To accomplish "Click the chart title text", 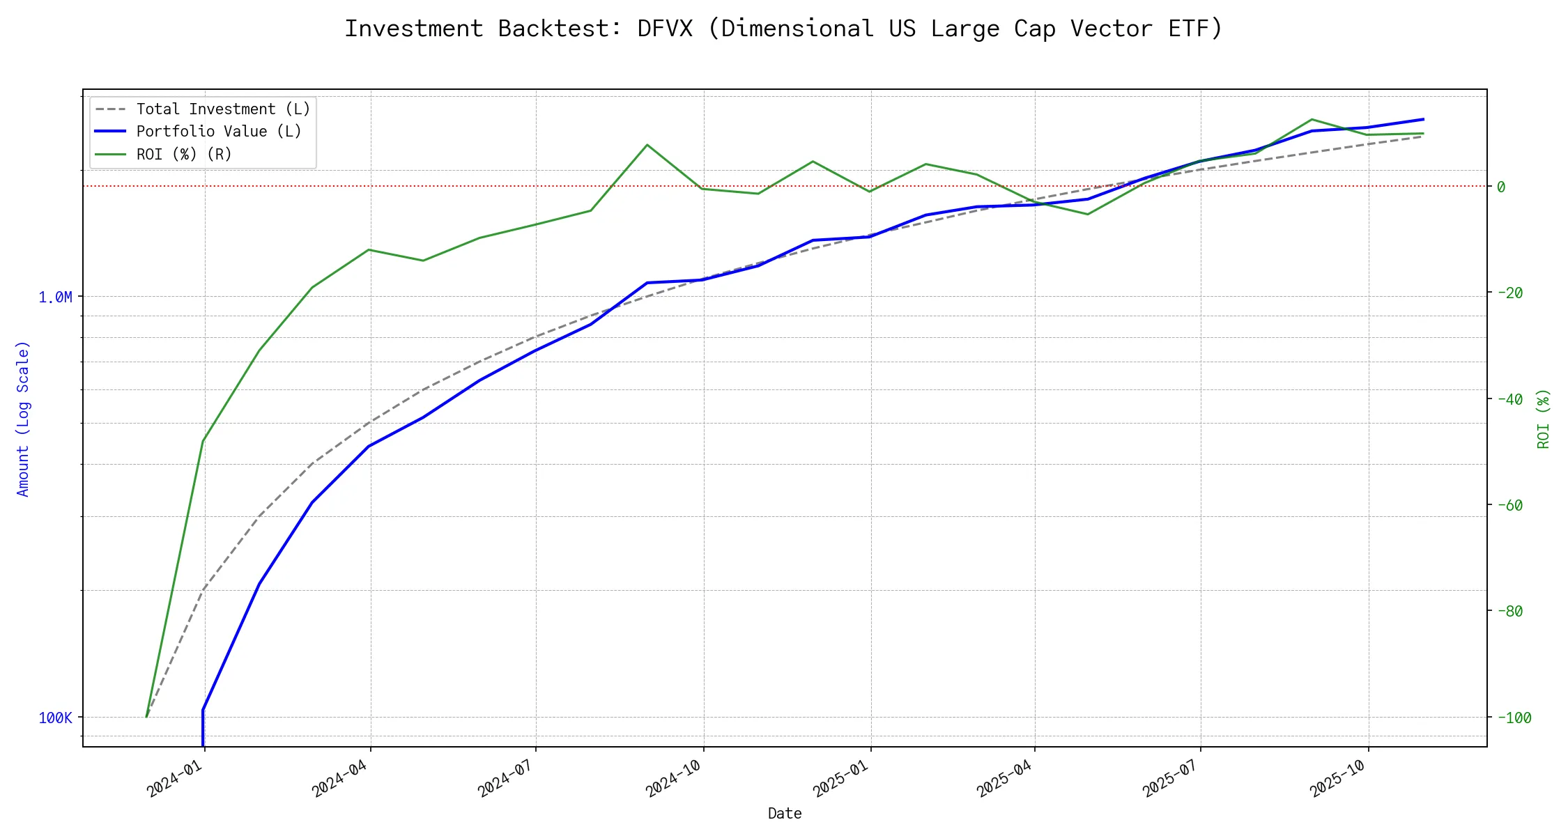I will [x=783, y=29].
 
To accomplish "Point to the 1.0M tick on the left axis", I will [x=55, y=297].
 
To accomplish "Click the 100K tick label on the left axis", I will [x=55, y=718].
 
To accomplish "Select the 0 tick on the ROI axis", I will [x=1501, y=187].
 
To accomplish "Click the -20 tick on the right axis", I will [x=1509, y=293].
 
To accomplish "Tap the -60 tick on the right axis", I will [x=1509, y=505].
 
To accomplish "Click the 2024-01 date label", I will [x=175, y=778].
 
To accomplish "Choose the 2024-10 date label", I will [x=674, y=778].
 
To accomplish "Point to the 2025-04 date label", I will [x=1005, y=778].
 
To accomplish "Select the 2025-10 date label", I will [x=1338, y=778].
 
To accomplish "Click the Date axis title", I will [x=785, y=814].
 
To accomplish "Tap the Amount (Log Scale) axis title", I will [x=23, y=419].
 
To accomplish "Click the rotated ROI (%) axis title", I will [x=1544, y=419].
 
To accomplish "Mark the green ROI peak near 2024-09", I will [x=647, y=145].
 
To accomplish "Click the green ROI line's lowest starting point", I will [x=146, y=716].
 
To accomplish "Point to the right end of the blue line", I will [x=1423, y=119].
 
